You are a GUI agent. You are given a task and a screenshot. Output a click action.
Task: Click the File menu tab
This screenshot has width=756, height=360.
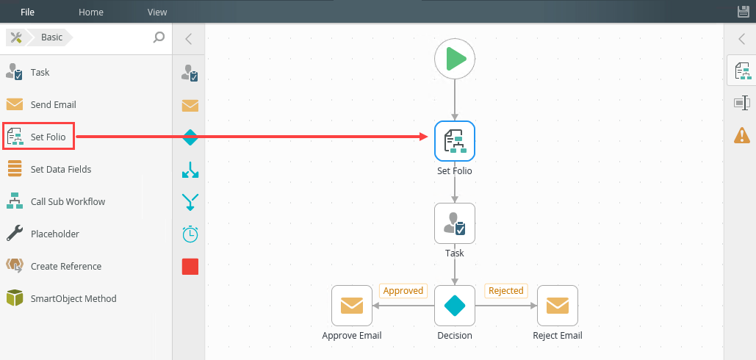[27, 12]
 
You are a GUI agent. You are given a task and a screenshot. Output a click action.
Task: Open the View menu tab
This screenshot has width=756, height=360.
[157, 12]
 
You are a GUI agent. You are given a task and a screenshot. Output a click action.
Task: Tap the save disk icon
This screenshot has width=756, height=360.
[743, 12]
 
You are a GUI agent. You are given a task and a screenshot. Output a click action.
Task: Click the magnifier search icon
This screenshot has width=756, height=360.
[159, 37]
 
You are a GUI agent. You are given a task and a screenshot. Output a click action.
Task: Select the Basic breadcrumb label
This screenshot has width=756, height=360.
[51, 37]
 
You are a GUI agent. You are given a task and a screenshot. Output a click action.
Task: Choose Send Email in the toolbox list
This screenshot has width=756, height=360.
[53, 104]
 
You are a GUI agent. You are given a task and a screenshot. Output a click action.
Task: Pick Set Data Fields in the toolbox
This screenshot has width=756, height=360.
[61, 169]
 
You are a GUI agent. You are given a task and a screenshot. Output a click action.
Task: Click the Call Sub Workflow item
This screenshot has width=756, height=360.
[68, 201]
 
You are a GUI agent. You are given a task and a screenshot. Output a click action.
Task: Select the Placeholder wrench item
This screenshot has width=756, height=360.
[55, 234]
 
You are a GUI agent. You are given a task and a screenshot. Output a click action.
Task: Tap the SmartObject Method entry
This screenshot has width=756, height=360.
[73, 298]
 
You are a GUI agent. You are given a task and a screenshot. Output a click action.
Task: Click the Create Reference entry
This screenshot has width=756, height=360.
[66, 266]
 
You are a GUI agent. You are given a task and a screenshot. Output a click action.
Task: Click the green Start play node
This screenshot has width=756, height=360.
[455, 59]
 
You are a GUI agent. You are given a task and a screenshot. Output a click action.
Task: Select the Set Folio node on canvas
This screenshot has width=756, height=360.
[455, 141]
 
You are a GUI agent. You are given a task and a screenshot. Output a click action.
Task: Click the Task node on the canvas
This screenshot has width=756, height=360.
[455, 223]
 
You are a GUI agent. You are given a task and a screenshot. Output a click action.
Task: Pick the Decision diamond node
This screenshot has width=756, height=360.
[455, 306]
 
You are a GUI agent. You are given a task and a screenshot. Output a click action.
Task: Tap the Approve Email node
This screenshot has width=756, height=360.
[352, 306]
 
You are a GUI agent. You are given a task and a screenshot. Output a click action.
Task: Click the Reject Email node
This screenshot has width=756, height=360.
[558, 306]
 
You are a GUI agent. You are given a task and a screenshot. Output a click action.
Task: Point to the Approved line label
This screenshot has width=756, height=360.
[403, 291]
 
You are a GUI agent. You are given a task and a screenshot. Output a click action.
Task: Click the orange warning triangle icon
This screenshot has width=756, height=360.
[742, 135]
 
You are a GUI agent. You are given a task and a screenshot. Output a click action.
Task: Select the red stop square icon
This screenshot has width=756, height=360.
[190, 267]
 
